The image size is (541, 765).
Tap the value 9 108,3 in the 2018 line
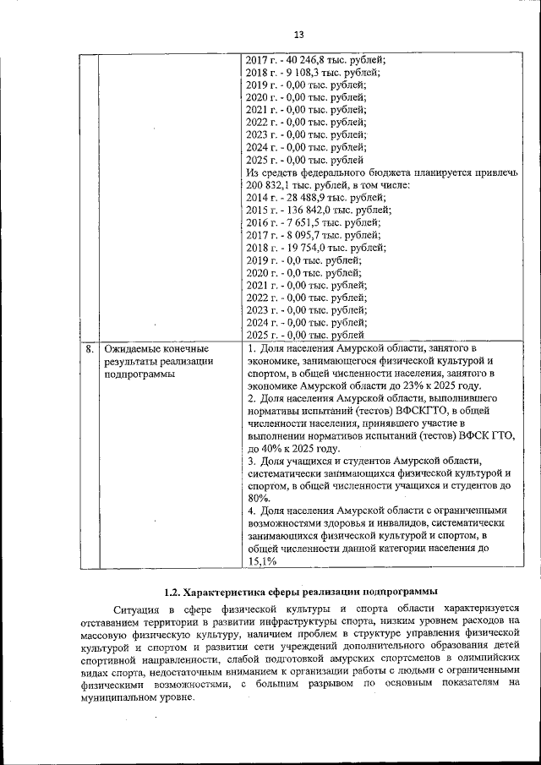coord(305,73)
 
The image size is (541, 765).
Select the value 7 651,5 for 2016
coord(305,222)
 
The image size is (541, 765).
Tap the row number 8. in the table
coord(88,348)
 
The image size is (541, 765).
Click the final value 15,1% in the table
coord(261,560)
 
